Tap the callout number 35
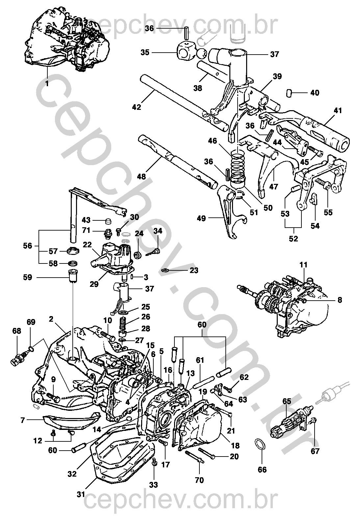(x=145, y=52)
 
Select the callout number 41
(x=338, y=111)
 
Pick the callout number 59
(x=28, y=277)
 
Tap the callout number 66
(x=262, y=469)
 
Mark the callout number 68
(x=16, y=331)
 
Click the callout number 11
(x=303, y=264)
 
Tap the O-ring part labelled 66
(x=260, y=444)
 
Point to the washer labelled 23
(x=165, y=270)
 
